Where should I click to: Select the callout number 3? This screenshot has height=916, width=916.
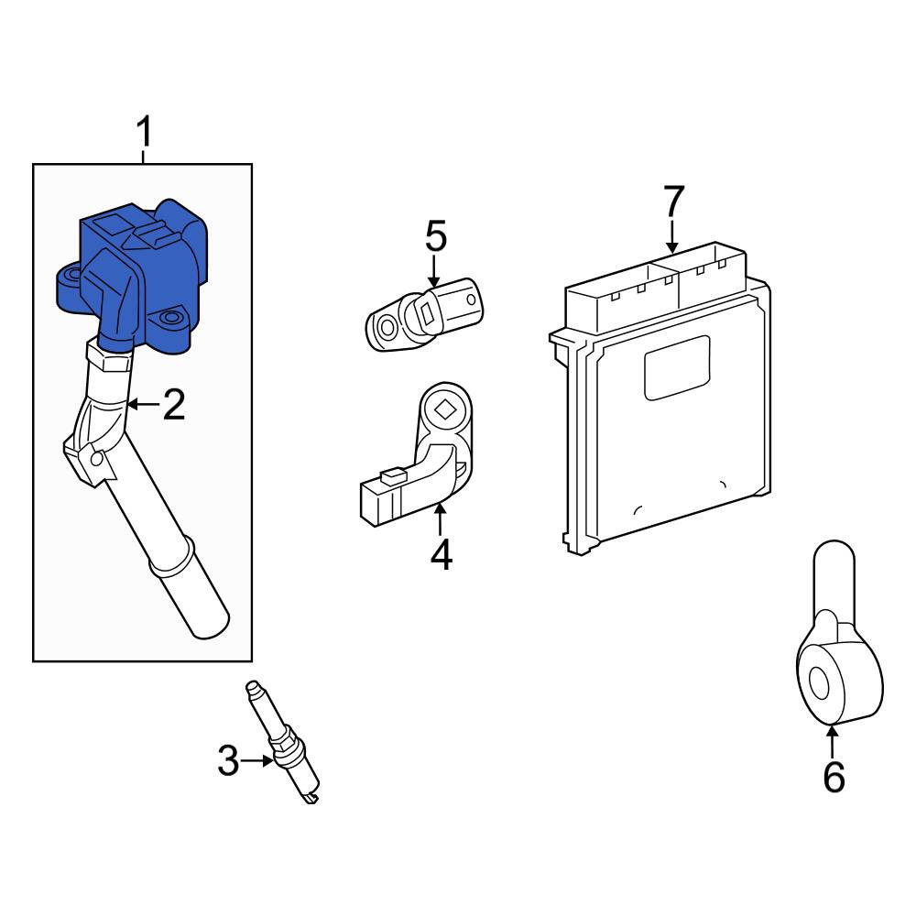tap(228, 760)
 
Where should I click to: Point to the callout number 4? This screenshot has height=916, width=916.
tap(442, 554)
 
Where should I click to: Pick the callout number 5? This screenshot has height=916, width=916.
tap(436, 236)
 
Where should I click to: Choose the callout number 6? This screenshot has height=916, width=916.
tap(834, 777)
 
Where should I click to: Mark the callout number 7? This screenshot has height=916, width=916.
tap(673, 201)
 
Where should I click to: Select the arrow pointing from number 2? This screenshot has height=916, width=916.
tap(143, 404)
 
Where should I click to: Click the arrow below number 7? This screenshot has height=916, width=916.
tap(672, 236)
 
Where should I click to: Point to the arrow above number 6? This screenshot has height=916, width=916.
tap(832, 740)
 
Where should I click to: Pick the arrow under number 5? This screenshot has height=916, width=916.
tap(433, 272)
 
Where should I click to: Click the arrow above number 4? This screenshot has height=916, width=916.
tap(440, 518)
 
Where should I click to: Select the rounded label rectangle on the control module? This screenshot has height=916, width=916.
tap(677, 367)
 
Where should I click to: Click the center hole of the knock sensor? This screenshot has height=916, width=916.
tap(819, 683)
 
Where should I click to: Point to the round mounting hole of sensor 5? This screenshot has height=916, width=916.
tap(387, 326)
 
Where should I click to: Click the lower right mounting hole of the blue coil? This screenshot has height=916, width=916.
tap(170, 319)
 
